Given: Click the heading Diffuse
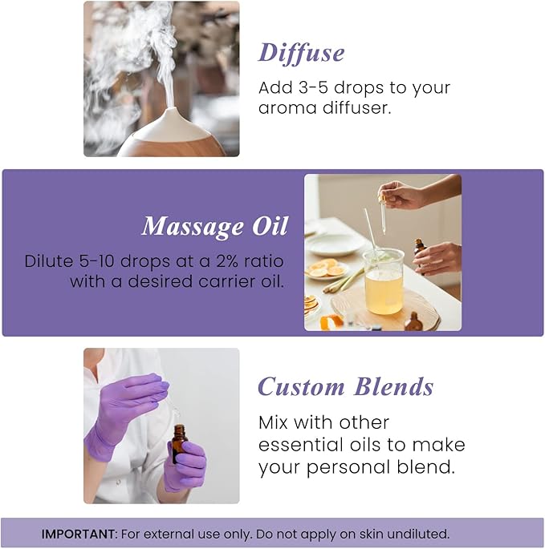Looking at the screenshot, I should coord(301,53).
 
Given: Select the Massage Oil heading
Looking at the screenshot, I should coord(214,227).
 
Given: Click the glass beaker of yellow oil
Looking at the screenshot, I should coord(384,282).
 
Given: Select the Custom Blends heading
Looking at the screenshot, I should coord(345,387).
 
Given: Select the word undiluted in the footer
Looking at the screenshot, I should coord(418,534).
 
